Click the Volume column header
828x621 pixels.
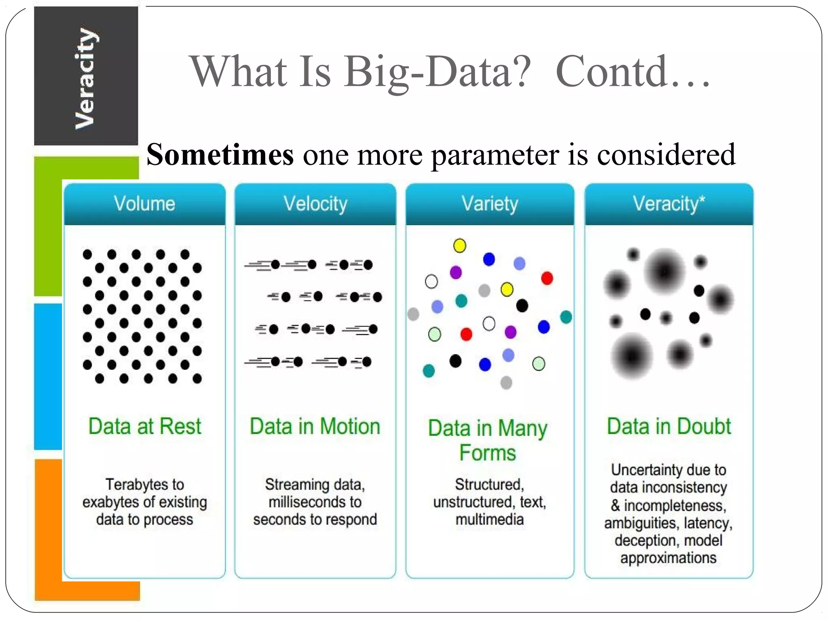coord(144,203)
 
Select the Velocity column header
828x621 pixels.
coord(315,204)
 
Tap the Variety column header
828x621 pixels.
coord(490,204)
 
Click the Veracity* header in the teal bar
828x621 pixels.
coord(669,204)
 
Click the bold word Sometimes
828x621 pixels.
coord(220,155)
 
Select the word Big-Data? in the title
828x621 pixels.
coord(437,72)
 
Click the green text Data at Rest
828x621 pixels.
coord(144,427)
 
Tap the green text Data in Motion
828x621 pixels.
coord(315,427)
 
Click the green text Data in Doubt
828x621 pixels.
coord(669,427)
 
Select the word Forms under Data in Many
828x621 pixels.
coord(488,453)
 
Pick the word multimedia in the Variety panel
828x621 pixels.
coord(490,520)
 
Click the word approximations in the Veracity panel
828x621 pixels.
coord(668,558)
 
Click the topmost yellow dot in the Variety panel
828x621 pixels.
coord(460,245)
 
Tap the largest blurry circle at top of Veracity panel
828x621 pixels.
coord(664,271)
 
